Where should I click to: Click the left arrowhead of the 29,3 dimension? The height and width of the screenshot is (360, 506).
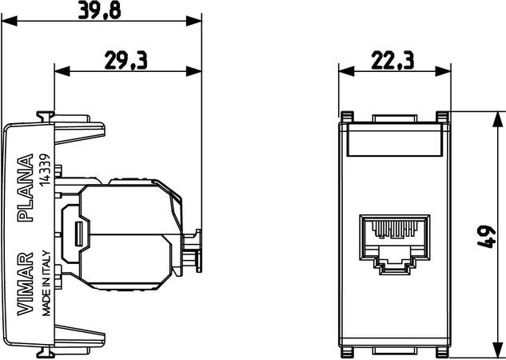pos(58,70)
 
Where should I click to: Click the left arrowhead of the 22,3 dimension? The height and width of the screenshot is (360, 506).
pos(342,70)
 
